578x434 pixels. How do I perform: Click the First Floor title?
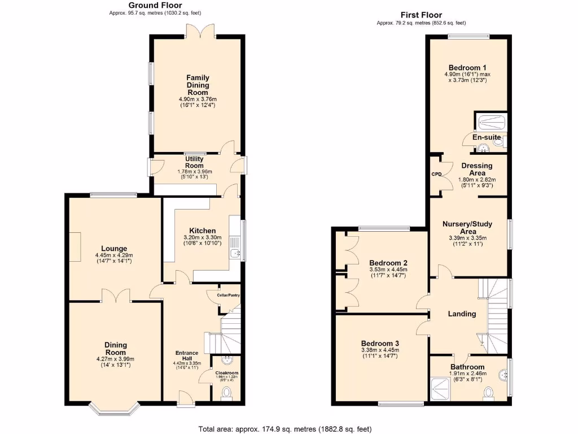421,15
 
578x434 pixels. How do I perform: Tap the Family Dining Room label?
198,85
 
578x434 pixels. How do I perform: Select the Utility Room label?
194,163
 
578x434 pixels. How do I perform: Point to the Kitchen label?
202,231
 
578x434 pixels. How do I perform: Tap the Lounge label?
114,249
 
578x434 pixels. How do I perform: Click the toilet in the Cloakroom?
227,392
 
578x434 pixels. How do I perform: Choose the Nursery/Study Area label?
467,227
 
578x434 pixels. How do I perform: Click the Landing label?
462,314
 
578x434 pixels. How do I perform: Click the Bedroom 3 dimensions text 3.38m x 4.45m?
380,350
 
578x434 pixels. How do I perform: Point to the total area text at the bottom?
285,429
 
